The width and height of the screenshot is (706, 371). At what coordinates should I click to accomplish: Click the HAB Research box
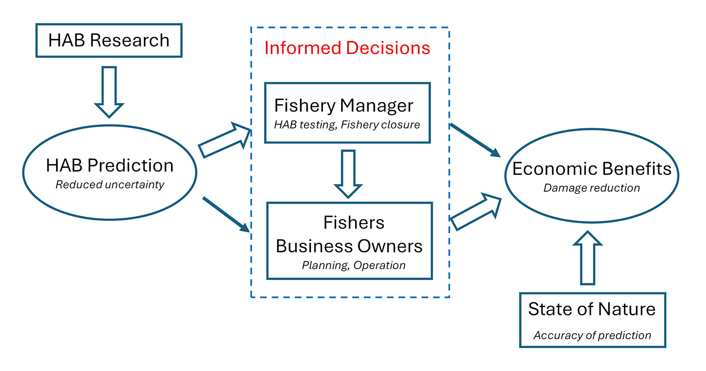pyautogui.click(x=109, y=41)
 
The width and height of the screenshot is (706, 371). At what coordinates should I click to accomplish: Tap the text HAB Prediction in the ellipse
pyautogui.click(x=110, y=166)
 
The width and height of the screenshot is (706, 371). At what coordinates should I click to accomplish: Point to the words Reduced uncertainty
pyautogui.click(x=110, y=185)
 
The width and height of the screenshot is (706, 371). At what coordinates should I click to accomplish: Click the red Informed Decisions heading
pyautogui.click(x=347, y=48)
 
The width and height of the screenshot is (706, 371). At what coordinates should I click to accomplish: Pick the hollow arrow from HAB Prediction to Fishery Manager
pyautogui.click(x=225, y=140)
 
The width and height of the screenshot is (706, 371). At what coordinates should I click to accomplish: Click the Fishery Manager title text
pyautogui.click(x=344, y=106)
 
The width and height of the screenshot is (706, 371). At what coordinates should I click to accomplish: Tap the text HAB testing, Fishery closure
pyautogui.click(x=347, y=125)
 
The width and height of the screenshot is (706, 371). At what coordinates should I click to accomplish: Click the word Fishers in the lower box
pyautogui.click(x=353, y=223)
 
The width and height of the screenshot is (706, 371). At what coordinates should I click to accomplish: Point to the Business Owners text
pyautogui.click(x=349, y=246)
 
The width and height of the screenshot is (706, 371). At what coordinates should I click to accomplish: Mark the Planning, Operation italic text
pyautogui.click(x=353, y=265)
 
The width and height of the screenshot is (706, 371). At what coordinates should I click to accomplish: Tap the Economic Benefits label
pyautogui.click(x=592, y=169)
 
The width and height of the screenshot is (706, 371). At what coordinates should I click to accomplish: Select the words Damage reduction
pyautogui.click(x=592, y=188)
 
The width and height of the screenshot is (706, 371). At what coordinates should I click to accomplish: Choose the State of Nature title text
pyautogui.click(x=592, y=309)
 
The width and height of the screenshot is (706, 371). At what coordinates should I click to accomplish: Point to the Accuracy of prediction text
pyautogui.click(x=592, y=336)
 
